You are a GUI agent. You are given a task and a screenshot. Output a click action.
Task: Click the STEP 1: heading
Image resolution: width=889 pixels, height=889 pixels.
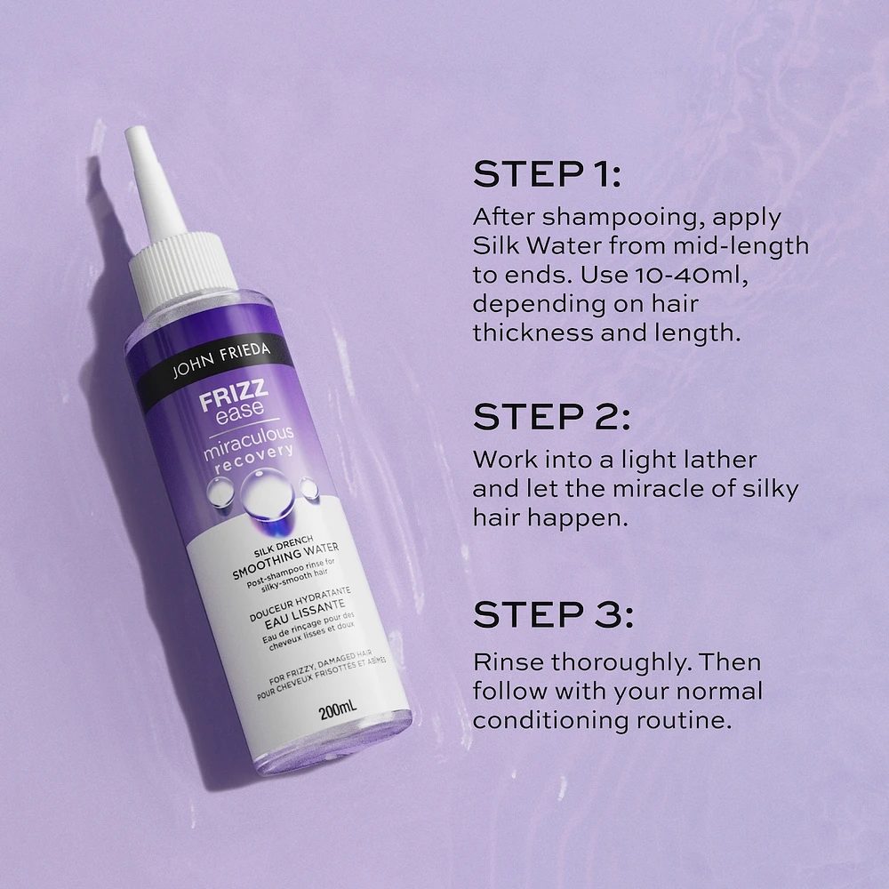547,174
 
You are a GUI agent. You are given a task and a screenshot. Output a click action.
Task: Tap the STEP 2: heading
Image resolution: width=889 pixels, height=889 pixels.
551,417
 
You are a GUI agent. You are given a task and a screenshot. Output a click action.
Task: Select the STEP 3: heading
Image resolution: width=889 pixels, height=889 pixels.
553,614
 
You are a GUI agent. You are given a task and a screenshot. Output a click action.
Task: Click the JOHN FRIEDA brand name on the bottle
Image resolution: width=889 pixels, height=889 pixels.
221,359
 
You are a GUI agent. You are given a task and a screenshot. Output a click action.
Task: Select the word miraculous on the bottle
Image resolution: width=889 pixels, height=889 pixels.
248,442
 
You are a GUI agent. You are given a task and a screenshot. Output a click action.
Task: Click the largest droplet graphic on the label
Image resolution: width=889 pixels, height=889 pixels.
267,493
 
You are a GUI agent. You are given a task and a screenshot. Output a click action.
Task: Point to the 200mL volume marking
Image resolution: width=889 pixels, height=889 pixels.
337,709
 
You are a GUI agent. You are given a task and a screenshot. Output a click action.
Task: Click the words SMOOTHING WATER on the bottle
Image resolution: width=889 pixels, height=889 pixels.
285,561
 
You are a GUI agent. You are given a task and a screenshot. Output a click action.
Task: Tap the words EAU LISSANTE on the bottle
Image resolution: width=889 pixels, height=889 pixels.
305,614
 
